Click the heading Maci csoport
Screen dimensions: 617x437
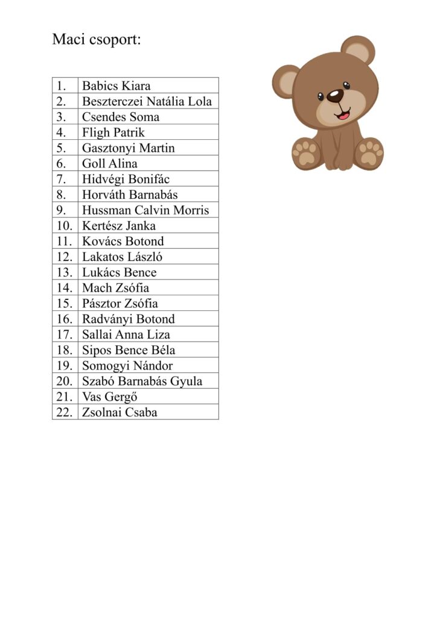pyautogui.click(x=96, y=40)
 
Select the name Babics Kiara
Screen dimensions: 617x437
pyautogui.click(x=116, y=86)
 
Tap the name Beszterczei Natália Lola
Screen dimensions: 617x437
pyautogui.click(x=147, y=101)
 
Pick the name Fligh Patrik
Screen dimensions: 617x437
pyautogui.click(x=113, y=133)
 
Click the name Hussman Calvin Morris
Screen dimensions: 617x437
pyautogui.click(x=145, y=210)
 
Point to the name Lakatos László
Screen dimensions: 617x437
pyautogui.click(x=122, y=257)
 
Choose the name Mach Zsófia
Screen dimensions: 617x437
pyautogui.click(x=115, y=288)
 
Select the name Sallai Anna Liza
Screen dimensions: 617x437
pyautogui.click(x=126, y=334)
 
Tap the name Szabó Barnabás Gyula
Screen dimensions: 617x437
pyautogui.click(x=142, y=381)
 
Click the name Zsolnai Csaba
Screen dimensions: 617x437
pyautogui.click(x=120, y=413)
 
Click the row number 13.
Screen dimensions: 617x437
pyautogui.click(x=64, y=272)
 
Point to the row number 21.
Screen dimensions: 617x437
pyautogui.click(x=64, y=397)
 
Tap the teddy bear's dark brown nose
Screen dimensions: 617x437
pyautogui.click(x=335, y=96)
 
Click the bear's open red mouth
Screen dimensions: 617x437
pyautogui.click(x=343, y=113)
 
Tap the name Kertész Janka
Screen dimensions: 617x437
pyautogui.click(x=118, y=226)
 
